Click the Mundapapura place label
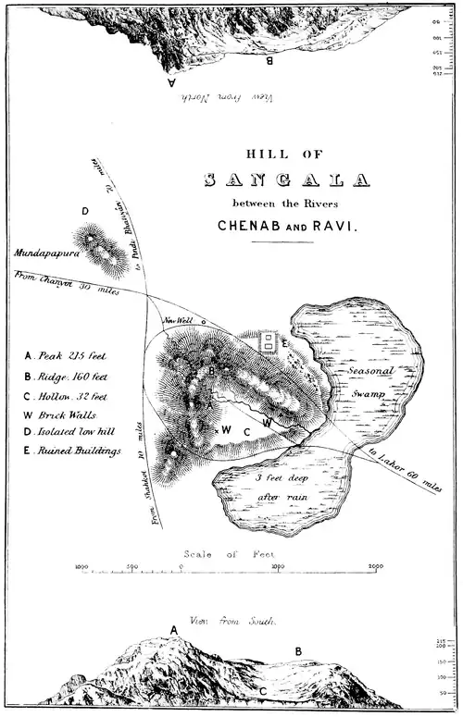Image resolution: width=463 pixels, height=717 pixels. pos(44,251)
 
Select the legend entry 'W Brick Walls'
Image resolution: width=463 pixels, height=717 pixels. pos(61,415)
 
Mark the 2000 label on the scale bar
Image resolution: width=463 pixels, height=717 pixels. pos(376,565)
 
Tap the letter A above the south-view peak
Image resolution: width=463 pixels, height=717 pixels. pos(172,630)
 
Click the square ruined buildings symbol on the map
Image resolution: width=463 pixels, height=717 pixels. pos(268,342)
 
